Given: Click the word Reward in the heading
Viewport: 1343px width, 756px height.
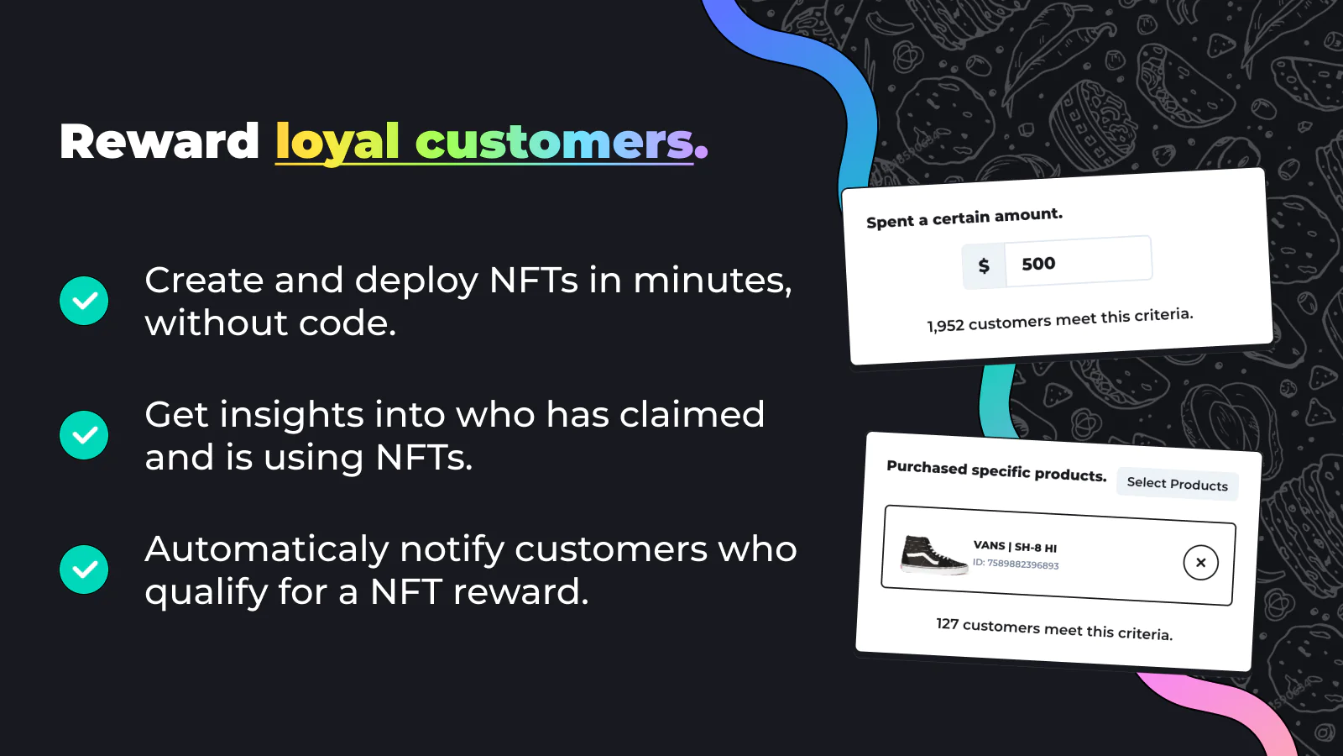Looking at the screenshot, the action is coord(159,142).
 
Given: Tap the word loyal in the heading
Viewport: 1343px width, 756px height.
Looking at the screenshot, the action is coord(337,144).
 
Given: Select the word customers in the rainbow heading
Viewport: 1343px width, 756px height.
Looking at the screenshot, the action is coord(555,142).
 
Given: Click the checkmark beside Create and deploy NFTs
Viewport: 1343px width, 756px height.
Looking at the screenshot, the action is coord(84,301).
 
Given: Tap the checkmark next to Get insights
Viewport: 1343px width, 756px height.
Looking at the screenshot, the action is coord(84,435).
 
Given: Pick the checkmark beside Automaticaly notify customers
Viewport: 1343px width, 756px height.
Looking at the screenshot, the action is coord(84,570).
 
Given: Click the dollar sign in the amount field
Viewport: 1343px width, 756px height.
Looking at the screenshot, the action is coord(984,265).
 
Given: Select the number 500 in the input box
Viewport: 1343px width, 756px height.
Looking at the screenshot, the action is coord(1038,264).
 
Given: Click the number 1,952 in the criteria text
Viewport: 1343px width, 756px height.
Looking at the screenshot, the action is coord(945,326).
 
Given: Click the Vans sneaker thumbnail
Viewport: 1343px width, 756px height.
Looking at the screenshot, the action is coord(933,555).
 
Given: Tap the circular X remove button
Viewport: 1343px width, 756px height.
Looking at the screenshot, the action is coord(1200,563).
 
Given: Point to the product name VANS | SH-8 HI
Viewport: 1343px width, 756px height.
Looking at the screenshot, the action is coord(1015,547).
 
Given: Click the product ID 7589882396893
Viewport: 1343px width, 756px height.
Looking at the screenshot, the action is coord(1023,564).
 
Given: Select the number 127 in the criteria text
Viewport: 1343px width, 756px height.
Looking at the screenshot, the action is coord(948,624).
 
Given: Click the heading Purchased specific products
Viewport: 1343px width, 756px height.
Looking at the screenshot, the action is coord(996,471).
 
